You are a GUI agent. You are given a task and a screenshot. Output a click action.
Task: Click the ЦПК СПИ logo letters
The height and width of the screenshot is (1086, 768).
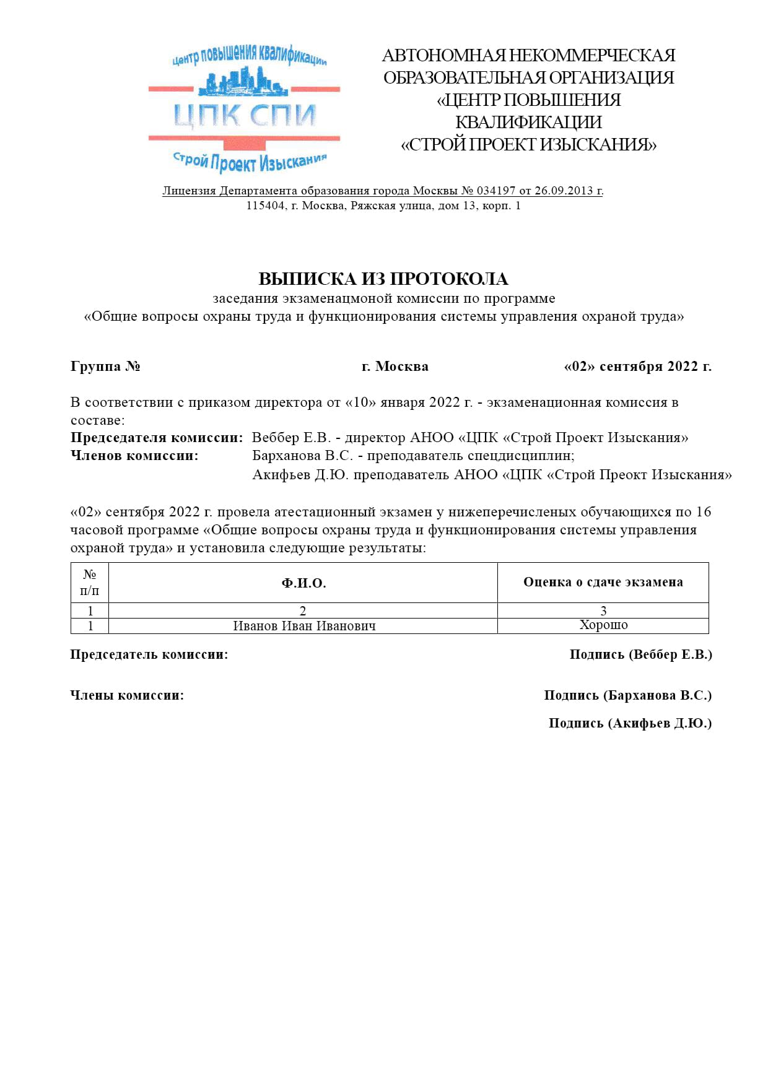coord(245,115)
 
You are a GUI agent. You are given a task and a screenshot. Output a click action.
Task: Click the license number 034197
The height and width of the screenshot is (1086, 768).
coord(495,191)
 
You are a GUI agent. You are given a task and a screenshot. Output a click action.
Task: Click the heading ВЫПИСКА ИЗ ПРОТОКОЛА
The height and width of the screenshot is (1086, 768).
coord(383,279)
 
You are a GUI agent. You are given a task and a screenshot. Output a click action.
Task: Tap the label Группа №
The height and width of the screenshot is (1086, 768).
coord(105,367)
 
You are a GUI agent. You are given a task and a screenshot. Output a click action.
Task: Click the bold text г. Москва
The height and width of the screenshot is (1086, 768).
coord(395,367)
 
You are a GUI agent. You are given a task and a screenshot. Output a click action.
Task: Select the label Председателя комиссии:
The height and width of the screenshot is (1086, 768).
coord(157,438)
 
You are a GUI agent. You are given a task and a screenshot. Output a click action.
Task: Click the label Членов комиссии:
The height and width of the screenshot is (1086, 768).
coord(134,456)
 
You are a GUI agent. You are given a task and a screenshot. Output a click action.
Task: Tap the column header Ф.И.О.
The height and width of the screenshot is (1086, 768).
coord(303,583)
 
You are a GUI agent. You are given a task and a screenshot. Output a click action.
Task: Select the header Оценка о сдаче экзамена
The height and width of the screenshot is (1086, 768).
coord(603,582)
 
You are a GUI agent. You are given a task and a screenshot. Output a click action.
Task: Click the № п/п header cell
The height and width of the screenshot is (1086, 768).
coord(90,583)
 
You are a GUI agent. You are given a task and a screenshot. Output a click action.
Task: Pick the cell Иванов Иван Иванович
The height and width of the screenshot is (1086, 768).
coord(304,626)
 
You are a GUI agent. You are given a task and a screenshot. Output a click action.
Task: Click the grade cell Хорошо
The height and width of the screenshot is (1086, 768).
coord(603,625)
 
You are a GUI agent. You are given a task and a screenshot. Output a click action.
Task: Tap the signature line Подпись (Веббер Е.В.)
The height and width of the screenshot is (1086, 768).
coord(640,654)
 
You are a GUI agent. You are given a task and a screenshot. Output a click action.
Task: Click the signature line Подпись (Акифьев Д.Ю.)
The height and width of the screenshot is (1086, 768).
coord(630,723)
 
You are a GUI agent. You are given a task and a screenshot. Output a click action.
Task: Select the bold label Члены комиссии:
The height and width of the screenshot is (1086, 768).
coord(127,695)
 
